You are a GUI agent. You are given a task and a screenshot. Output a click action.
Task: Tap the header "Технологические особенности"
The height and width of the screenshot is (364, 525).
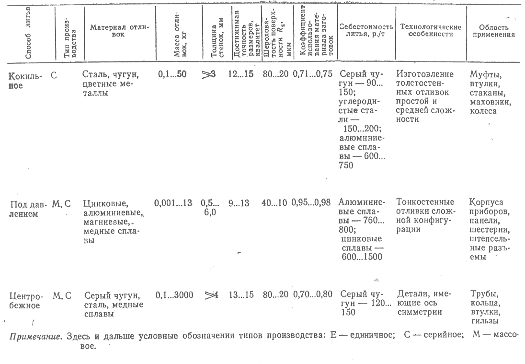430,31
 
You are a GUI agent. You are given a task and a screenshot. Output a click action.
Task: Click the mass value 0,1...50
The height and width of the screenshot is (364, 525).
172,74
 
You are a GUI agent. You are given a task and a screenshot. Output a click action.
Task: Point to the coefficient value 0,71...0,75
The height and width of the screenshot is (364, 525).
311,74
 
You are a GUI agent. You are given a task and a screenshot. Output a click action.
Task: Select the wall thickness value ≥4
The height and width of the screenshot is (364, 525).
211,295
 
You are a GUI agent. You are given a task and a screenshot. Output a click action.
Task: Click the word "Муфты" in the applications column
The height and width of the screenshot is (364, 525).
485,75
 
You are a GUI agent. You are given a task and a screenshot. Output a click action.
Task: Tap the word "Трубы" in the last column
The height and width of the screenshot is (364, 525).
484,294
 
